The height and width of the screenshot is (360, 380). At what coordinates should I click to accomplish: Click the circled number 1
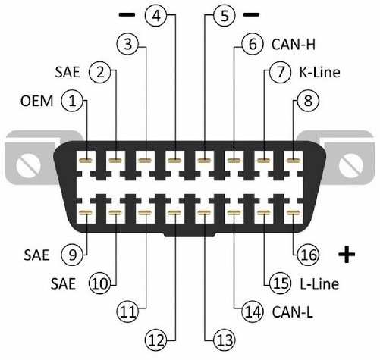[x=72, y=101]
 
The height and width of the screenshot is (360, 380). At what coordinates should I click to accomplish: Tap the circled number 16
[x=308, y=255]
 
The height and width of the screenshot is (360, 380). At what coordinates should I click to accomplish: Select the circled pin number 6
[x=253, y=44]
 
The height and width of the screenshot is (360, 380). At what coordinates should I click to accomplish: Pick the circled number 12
[x=156, y=340]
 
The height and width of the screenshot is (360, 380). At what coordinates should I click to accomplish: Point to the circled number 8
[x=308, y=101]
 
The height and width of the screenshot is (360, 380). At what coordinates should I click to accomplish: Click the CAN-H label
[x=294, y=45]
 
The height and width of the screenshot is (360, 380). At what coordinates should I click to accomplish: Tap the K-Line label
[x=319, y=72]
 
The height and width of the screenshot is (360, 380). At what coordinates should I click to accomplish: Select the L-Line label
[x=319, y=283]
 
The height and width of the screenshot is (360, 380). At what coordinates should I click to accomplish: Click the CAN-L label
[x=292, y=311]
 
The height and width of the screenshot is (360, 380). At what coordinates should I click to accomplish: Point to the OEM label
[x=37, y=101]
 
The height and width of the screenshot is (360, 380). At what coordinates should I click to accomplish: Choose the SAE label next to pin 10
[x=63, y=283]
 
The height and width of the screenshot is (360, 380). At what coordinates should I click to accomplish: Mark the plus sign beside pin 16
[x=347, y=255]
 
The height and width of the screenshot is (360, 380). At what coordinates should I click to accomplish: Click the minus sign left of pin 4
[x=127, y=14]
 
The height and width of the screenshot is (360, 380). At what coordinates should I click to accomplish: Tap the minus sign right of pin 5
[x=251, y=14]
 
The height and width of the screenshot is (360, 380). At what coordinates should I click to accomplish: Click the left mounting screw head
[x=28, y=166]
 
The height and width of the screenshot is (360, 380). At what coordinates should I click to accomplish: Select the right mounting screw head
[x=350, y=166]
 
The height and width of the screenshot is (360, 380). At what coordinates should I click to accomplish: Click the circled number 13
[x=225, y=340]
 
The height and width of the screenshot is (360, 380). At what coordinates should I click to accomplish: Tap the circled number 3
[x=128, y=44]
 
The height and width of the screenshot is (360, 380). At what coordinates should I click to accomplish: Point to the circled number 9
[x=72, y=255]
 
